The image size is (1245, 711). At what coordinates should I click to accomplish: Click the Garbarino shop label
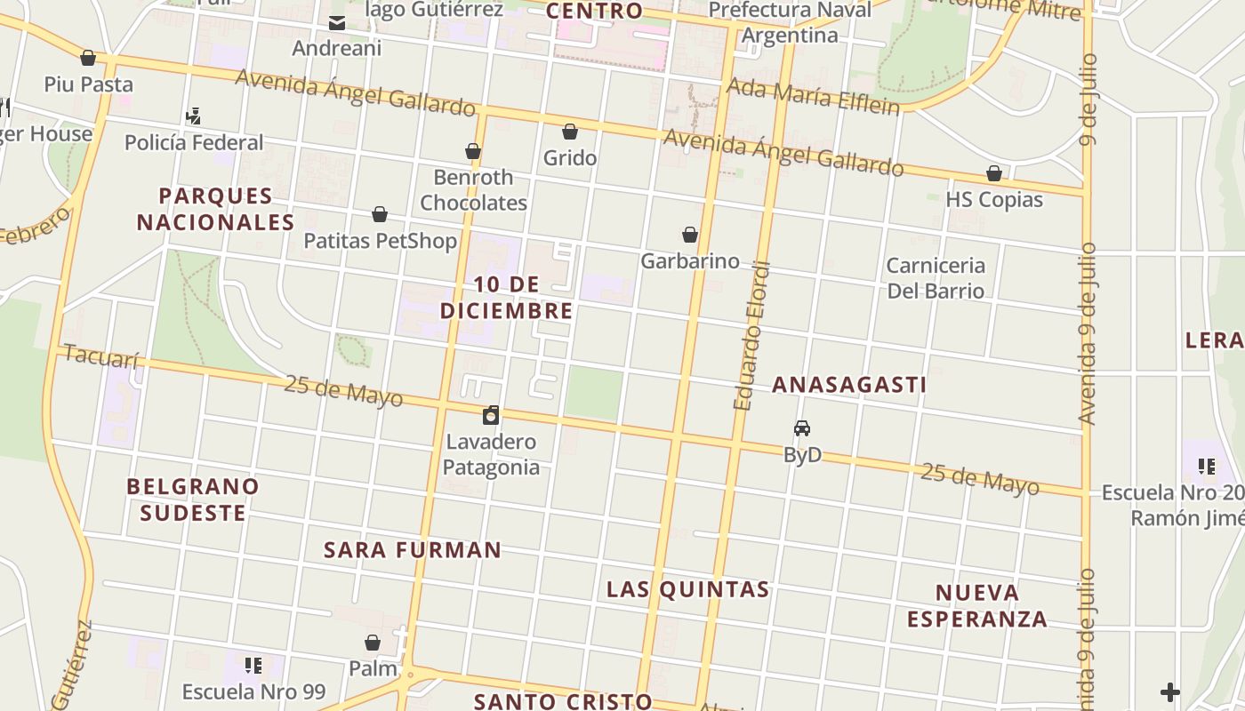click(x=690, y=260)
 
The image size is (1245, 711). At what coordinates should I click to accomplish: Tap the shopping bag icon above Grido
click(x=570, y=132)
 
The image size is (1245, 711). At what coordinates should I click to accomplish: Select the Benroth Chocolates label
click(x=473, y=190)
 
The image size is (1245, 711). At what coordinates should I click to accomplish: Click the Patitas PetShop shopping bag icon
click(x=380, y=215)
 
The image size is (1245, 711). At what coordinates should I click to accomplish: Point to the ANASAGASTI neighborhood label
click(x=849, y=385)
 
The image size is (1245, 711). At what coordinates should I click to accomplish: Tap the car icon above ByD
click(x=802, y=428)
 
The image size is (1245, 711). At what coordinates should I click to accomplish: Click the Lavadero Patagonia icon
click(x=491, y=415)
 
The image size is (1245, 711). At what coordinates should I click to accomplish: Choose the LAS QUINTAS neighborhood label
click(x=687, y=589)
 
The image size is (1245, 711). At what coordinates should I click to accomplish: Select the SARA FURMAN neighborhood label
click(x=413, y=550)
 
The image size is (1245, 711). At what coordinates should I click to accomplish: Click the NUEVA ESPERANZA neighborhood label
click(x=976, y=605)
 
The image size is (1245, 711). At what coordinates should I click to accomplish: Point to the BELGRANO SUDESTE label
click(x=193, y=499)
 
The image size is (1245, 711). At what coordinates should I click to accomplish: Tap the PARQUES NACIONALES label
click(x=215, y=209)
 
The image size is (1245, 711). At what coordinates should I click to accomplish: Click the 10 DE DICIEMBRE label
click(x=507, y=298)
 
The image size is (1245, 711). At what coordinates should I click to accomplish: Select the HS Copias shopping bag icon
click(x=994, y=173)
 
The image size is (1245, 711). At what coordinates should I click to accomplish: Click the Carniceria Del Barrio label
click(x=936, y=278)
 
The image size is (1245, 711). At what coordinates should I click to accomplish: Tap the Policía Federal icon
click(x=193, y=116)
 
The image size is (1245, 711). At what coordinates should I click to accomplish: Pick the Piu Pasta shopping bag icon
click(x=88, y=59)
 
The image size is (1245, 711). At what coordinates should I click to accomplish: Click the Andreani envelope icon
click(x=337, y=23)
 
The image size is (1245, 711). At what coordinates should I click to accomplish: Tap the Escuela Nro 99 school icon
click(x=253, y=665)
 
